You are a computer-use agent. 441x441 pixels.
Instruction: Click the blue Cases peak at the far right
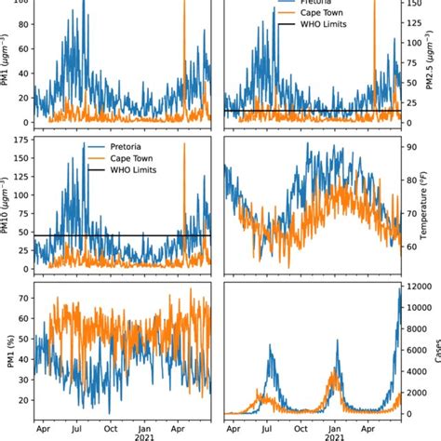399,288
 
